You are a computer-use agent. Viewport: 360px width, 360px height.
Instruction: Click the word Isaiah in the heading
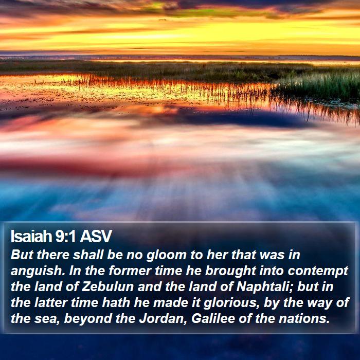31,236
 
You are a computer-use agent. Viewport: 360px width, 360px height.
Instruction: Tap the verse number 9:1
65,236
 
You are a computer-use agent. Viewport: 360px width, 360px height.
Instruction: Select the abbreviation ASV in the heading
96,236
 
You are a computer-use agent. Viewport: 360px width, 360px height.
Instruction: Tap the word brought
230,271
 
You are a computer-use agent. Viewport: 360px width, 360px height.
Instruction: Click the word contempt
318,271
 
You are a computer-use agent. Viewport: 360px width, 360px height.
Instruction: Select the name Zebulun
108,286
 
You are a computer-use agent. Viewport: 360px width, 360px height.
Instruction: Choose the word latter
51,302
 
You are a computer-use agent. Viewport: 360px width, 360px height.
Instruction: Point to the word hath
116,302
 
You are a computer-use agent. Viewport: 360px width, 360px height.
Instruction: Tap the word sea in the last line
47,319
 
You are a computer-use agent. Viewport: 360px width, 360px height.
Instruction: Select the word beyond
88,319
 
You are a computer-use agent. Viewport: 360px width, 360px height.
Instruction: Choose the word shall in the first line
88,255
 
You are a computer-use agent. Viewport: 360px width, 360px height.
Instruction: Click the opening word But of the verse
22,255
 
